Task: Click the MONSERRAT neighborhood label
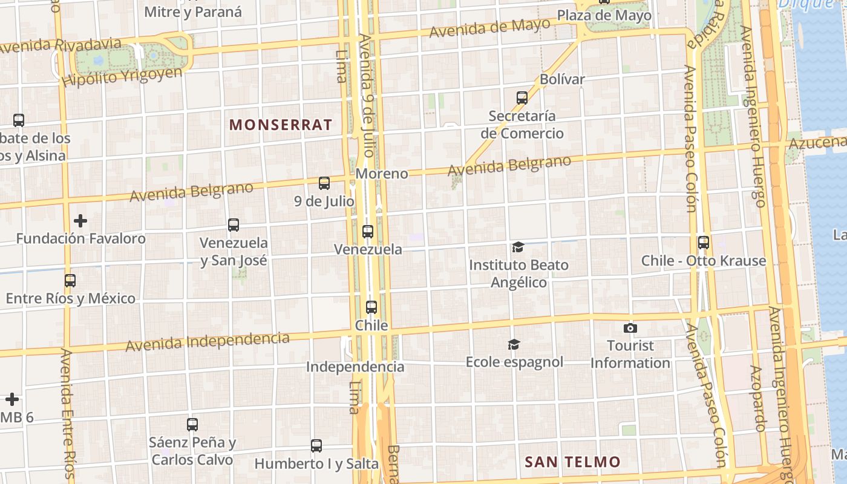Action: (x=281, y=125)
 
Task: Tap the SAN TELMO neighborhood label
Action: (x=572, y=462)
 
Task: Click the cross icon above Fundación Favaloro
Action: (x=80, y=221)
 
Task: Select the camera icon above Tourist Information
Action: (x=630, y=328)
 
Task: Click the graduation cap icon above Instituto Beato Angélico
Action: (x=518, y=247)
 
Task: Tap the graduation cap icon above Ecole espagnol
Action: (x=514, y=344)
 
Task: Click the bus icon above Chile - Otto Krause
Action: (x=703, y=243)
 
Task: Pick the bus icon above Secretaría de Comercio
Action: (x=522, y=97)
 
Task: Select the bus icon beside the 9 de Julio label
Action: (x=324, y=183)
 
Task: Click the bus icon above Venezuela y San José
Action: (x=234, y=225)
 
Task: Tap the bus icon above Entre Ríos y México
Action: (x=70, y=281)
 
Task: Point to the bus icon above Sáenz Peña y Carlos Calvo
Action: (x=192, y=424)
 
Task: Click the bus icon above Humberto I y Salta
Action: (x=316, y=446)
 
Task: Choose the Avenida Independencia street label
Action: (x=207, y=341)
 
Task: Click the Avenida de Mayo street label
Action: (x=489, y=27)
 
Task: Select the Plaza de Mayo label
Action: (x=604, y=15)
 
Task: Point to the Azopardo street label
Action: (x=757, y=398)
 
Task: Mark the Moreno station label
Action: (x=382, y=174)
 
